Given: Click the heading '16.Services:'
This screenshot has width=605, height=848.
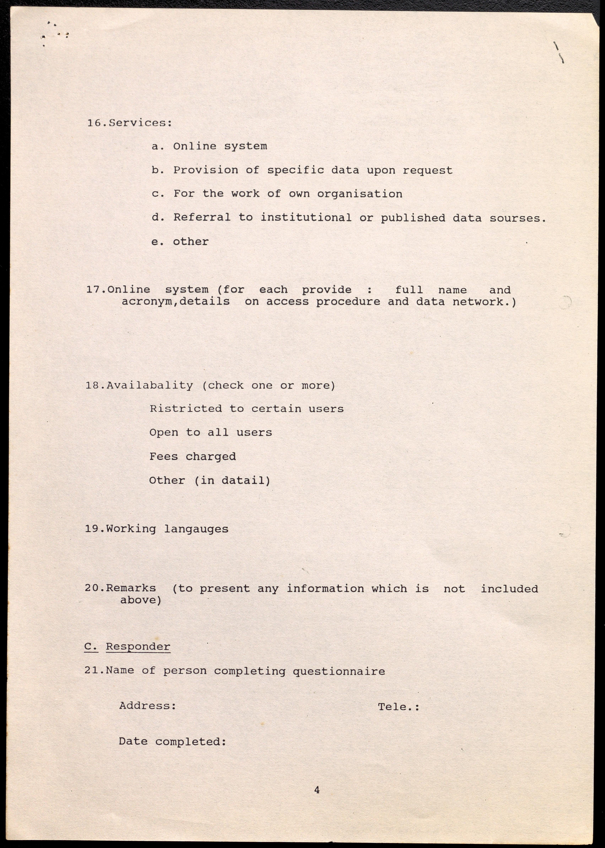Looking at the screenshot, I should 129,123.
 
